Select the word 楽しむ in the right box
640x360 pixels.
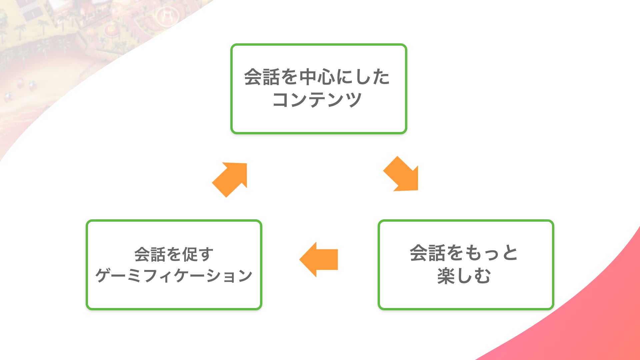[464, 276]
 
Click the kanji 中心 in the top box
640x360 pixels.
[317, 77]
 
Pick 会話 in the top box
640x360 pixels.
[262, 77]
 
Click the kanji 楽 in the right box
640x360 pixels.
[446, 276]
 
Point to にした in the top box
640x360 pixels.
[363, 77]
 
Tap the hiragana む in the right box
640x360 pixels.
[482, 276]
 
